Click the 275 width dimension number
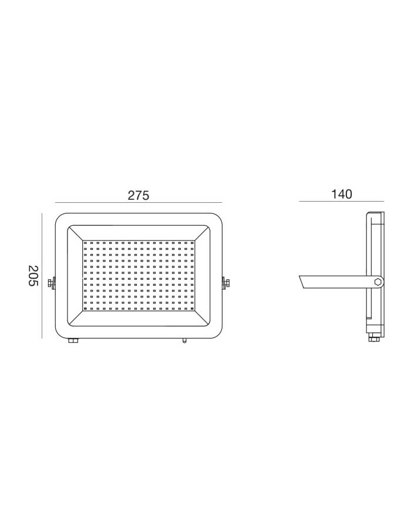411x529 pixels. (138, 195)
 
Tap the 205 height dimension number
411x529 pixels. (33, 275)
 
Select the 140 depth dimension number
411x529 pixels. (342, 195)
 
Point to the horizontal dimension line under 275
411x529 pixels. (139, 203)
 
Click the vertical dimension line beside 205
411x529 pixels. (42, 275)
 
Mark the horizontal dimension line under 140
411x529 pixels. (341, 202)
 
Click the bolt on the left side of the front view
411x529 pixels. (52, 283)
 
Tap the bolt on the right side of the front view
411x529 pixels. (225, 283)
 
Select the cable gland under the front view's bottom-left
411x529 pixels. (73, 340)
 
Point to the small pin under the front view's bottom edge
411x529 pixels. (184, 340)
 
